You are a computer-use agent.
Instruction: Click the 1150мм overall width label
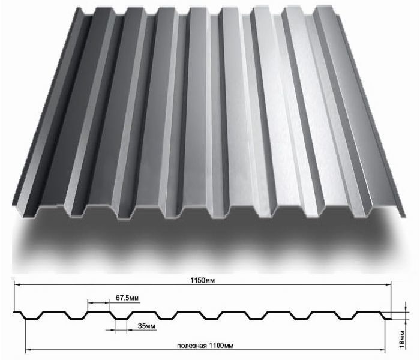click(203, 280)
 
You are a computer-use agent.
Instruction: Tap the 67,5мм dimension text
click(127, 298)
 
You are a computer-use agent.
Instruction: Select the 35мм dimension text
click(146, 326)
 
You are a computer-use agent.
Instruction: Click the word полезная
click(191, 346)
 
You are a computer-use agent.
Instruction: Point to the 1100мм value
click(220, 346)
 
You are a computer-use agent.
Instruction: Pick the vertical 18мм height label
click(402, 340)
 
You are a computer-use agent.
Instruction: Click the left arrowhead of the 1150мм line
click(17, 285)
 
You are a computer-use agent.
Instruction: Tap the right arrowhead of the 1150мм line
click(388, 285)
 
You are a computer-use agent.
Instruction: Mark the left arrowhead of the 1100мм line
click(28, 350)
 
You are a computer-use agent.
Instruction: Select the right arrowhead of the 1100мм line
click(382, 350)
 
